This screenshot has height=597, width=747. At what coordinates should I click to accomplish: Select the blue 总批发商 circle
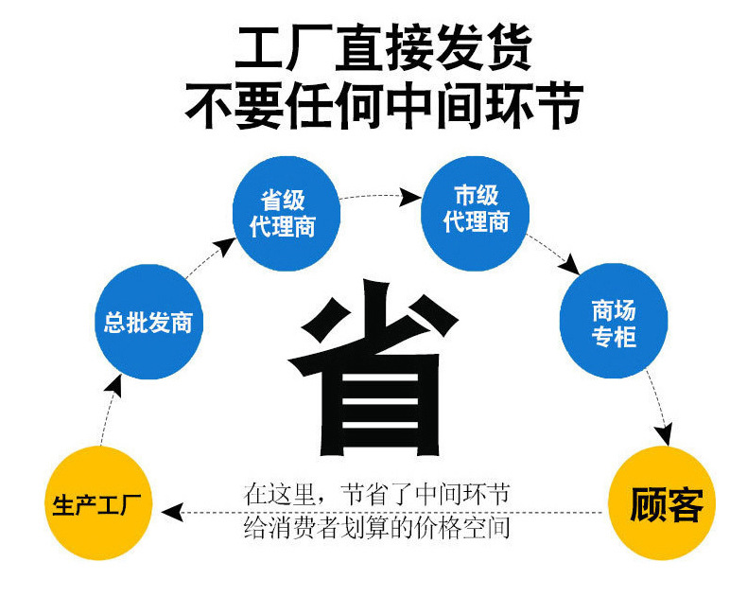point(148,321)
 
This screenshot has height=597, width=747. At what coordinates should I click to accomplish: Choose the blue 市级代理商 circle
point(476,209)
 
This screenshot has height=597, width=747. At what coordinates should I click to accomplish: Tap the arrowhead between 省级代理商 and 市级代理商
point(409,197)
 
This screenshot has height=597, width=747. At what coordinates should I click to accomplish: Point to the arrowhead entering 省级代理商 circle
point(223,248)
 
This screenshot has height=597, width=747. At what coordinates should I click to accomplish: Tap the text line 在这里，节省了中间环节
point(376,494)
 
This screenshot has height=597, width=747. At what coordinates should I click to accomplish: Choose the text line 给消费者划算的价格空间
point(376,527)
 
